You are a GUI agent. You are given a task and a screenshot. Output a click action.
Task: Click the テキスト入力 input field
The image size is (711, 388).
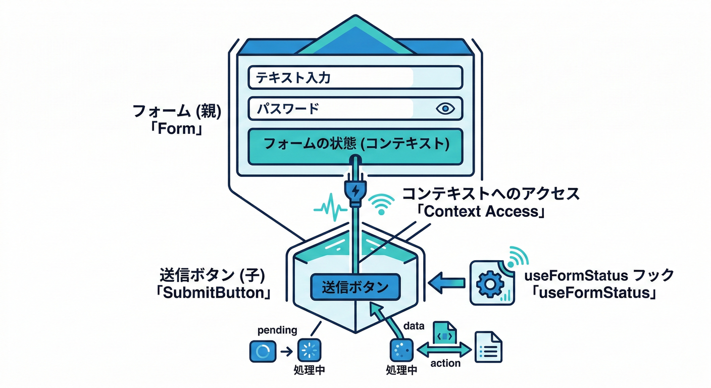[x=355, y=78]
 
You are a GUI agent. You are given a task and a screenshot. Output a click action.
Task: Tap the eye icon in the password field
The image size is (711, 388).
[x=445, y=109]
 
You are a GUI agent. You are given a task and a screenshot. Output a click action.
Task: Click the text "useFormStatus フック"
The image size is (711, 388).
[x=599, y=275]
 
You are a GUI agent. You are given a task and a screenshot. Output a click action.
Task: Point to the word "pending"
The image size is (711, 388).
[x=277, y=330]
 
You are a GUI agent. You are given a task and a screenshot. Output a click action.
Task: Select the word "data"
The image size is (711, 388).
[x=415, y=326]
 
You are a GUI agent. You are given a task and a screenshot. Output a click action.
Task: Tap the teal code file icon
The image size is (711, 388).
[x=444, y=334]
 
